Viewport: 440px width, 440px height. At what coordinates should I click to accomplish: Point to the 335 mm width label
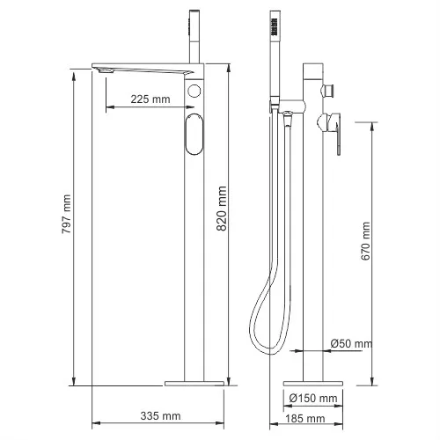point(160,414)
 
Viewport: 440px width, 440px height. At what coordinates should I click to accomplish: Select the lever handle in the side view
point(338,132)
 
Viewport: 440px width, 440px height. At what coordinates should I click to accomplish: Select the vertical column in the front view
point(196,264)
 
